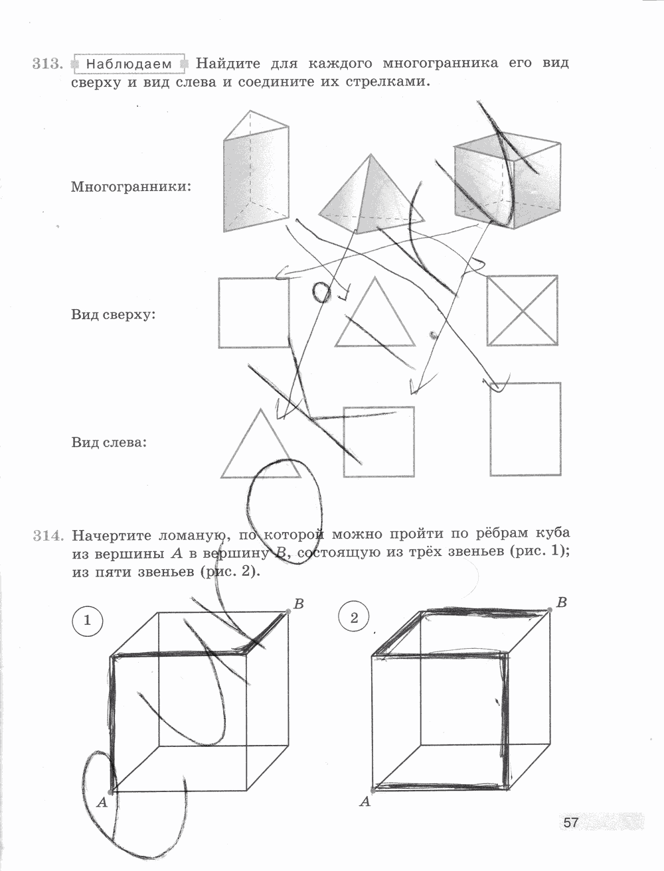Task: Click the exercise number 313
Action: pyautogui.click(x=46, y=64)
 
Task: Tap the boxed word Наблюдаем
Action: pyautogui.click(x=129, y=64)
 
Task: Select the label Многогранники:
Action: pyautogui.click(x=131, y=186)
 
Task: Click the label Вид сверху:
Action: pyautogui.click(x=113, y=314)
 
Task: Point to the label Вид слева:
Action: pyautogui.click(x=109, y=442)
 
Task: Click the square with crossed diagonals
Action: pyautogui.click(x=522, y=310)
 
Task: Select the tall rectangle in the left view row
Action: pyautogui.click(x=525, y=429)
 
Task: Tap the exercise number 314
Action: pyautogui.click(x=46, y=535)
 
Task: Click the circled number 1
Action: pyautogui.click(x=86, y=621)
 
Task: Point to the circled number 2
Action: pyautogui.click(x=353, y=618)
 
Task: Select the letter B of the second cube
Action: pyautogui.click(x=561, y=602)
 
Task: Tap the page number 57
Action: pyautogui.click(x=570, y=823)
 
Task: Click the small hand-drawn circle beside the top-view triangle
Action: pyautogui.click(x=321, y=291)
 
